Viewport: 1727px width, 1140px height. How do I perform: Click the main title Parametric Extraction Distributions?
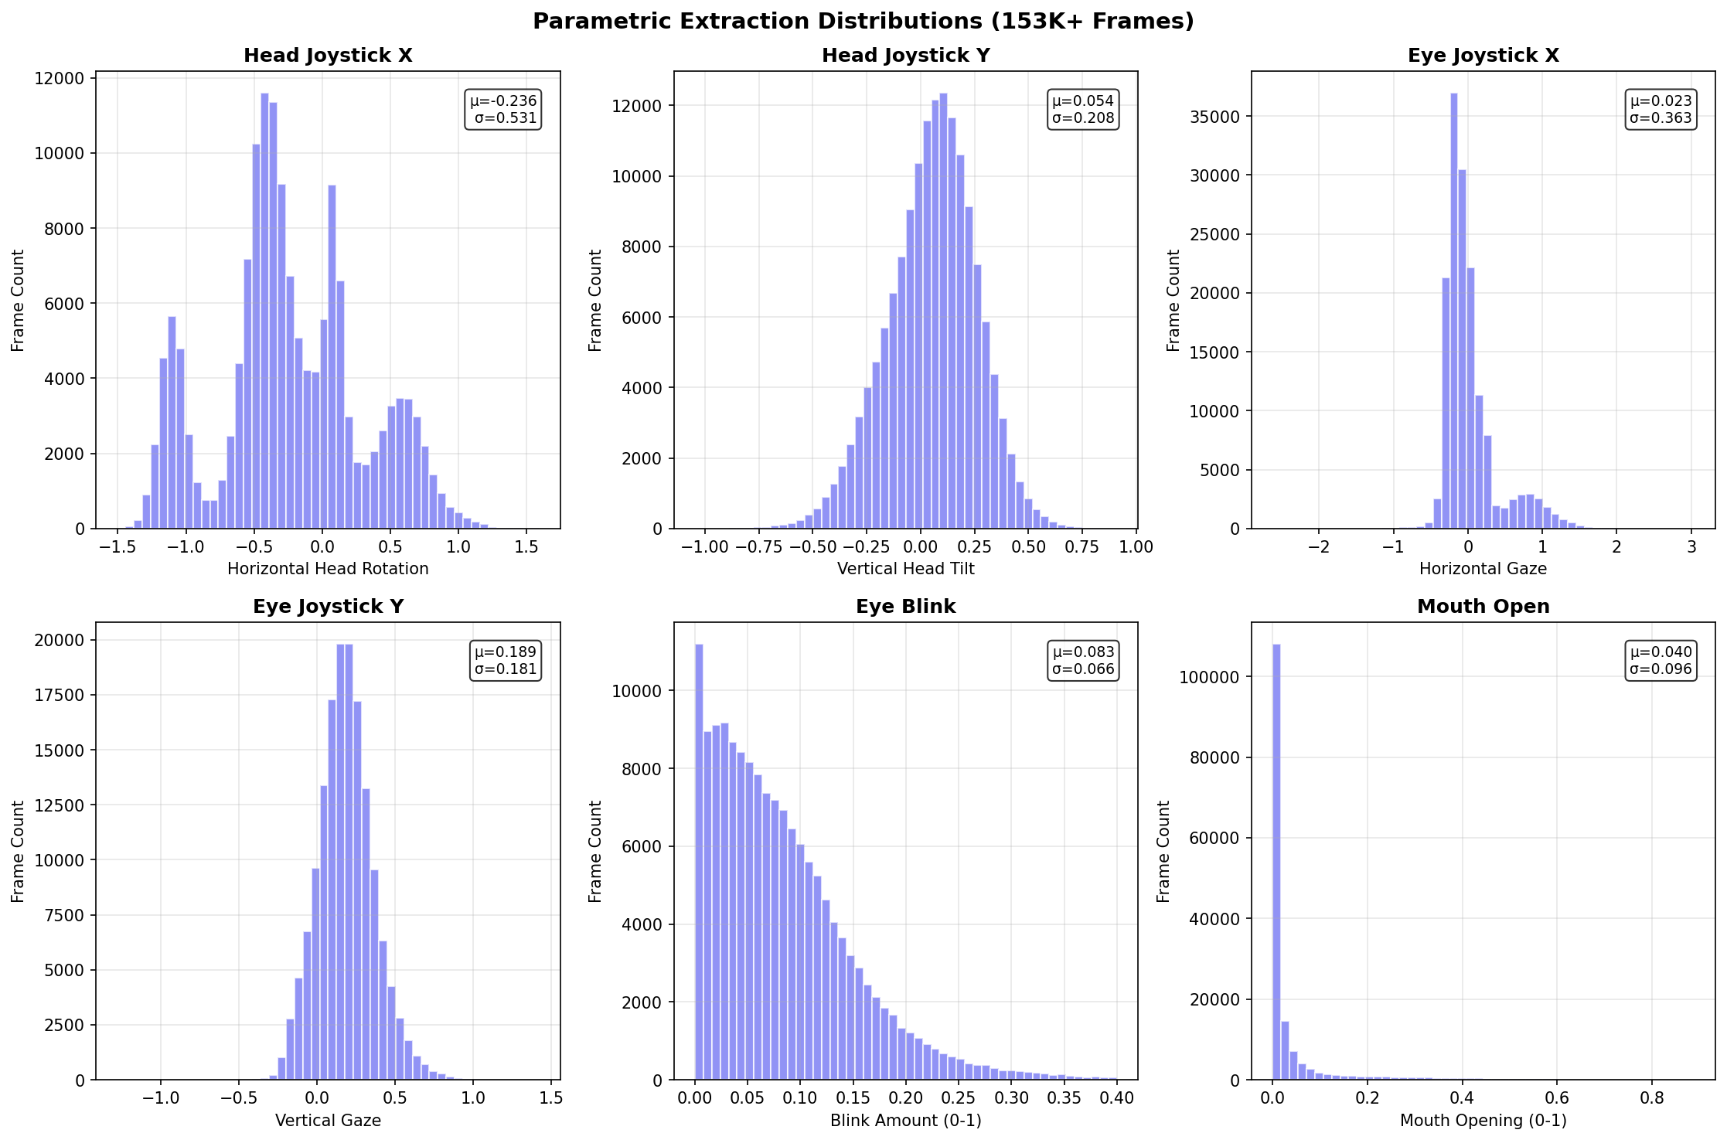863,22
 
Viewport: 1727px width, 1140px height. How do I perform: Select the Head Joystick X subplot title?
328,56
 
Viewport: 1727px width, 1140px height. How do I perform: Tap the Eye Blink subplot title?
905,607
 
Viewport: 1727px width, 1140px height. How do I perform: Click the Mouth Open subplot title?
1483,607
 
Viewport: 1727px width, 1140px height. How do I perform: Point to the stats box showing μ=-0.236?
503,110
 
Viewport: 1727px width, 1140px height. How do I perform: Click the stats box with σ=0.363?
1661,110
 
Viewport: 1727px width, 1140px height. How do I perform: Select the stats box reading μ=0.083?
1083,661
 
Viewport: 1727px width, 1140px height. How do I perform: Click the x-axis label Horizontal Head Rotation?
328,569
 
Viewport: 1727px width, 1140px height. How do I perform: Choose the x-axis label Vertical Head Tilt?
905,569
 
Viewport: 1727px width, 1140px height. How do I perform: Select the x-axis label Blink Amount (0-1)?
905,1120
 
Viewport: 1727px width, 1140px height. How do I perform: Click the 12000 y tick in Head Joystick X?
63,78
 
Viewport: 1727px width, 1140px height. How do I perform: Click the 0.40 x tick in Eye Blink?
1116,1098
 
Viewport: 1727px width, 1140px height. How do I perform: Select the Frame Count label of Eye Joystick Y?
18,851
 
